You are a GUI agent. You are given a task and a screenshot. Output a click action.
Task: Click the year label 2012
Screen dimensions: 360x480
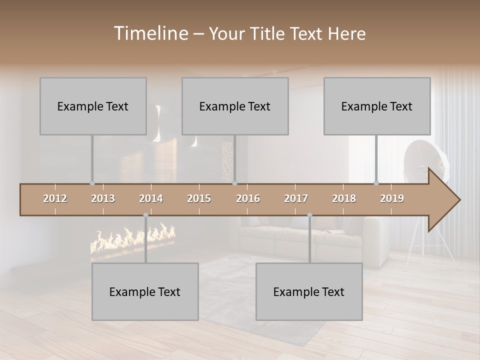tap(55, 198)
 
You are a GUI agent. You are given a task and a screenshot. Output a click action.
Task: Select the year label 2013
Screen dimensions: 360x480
tap(103, 198)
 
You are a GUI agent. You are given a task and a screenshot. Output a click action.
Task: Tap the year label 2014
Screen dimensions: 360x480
tap(151, 198)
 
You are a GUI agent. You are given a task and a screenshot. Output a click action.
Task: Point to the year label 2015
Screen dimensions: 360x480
tap(199, 198)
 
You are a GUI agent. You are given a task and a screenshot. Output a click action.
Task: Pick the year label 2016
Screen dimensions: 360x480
tap(248, 198)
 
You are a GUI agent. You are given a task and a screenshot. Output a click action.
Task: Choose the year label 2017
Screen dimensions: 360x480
tap(296, 198)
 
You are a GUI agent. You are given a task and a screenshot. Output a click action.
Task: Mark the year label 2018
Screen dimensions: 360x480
tap(344, 198)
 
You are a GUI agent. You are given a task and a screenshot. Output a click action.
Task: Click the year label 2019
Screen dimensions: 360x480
tap(392, 198)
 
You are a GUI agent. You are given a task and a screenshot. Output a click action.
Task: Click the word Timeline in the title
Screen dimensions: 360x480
tap(150, 33)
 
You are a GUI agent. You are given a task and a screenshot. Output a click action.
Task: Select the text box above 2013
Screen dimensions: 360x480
tap(93, 106)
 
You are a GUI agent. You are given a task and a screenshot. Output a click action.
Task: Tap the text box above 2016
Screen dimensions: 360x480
tap(235, 106)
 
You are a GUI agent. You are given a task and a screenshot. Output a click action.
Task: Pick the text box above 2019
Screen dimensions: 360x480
tap(377, 106)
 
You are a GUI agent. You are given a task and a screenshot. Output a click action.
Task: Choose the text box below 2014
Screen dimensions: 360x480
tap(145, 291)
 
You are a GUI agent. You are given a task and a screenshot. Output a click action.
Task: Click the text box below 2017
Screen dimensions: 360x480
tap(309, 291)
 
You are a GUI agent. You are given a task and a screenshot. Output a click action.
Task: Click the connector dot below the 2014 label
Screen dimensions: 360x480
tap(145, 215)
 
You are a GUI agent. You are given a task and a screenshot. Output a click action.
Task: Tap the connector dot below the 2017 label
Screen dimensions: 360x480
tap(309, 215)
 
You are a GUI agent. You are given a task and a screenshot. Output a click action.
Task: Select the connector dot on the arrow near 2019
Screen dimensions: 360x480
tap(376, 183)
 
